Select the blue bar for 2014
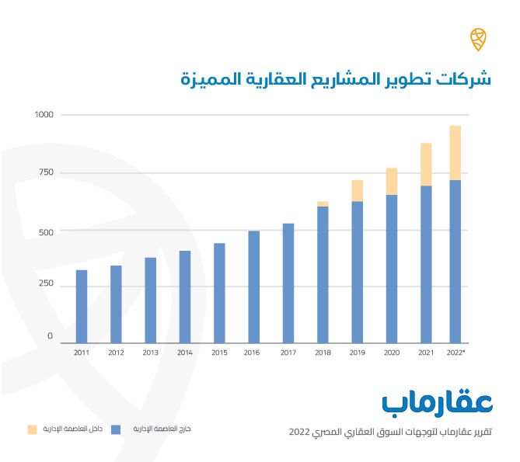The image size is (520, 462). [x=185, y=296]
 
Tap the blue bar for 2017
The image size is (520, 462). [x=288, y=283]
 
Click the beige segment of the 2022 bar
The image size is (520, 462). [x=455, y=153]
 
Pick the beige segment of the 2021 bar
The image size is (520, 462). [x=426, y=165]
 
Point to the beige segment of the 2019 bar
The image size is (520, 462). [x=358, y=191]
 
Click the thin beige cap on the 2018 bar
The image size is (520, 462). [x=323, y=204]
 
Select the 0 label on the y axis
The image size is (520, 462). [x=51, y=337]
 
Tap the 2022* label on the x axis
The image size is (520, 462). [x=456, y=353]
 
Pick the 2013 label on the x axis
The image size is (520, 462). [x=151, y=353]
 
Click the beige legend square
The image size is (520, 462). [x=32, y=429]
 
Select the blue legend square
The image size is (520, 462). [x=116, y=429]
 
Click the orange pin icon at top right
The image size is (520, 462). [x=478, y=38]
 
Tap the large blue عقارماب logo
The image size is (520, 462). [x=438, y=402]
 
